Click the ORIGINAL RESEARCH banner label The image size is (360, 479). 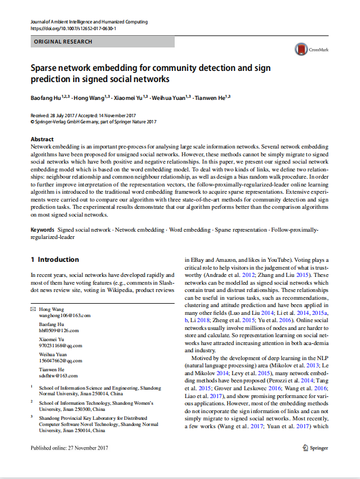(63, 42)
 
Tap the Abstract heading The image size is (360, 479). (42, 139)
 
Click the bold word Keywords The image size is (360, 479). (42, 229)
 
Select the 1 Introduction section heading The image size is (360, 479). (55, 260)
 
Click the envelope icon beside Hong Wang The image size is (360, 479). (33, 309)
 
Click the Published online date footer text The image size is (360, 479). (69, 448)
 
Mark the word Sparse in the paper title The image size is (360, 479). (47, 68)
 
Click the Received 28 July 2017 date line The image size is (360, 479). (61, 116)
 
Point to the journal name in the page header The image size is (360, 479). (89, 22)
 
